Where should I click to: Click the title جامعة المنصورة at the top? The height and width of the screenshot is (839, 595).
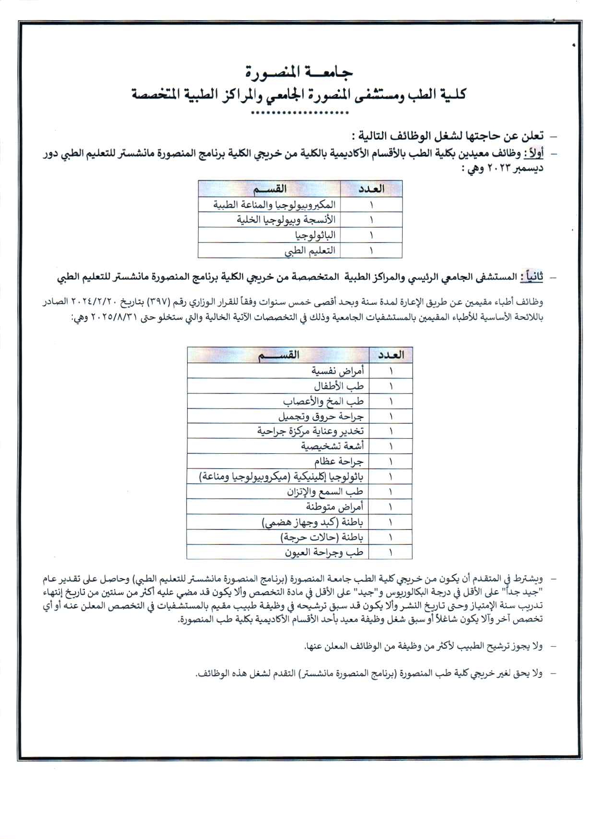(298, 72)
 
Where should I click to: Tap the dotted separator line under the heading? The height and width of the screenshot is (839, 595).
(299, 113)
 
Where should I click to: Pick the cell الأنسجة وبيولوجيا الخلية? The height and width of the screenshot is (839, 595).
(285, 220)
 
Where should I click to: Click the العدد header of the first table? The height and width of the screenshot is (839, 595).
(371, 189)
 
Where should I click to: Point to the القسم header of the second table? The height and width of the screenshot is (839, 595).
(278, 355)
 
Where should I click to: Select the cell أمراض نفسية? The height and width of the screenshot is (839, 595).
(337, 371)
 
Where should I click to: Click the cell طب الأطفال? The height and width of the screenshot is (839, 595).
(338, 386)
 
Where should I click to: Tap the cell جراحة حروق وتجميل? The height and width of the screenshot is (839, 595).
(321, 416)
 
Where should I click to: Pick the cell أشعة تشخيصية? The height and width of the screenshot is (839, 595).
(332, 446)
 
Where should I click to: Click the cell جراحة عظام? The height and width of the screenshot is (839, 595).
(338, 461)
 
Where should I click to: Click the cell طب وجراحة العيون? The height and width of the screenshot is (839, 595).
(324, 552)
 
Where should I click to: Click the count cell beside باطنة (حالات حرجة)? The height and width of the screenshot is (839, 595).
(390, 537)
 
